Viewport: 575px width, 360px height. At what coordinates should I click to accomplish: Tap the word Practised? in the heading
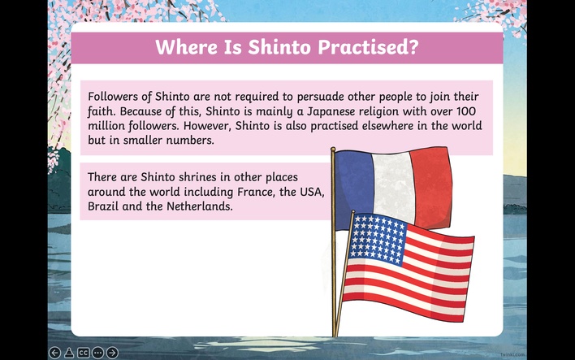tap(368, 48)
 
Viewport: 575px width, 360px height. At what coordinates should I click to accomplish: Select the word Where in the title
tap(186, 47)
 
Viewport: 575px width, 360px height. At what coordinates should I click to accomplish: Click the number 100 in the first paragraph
tap(466, 111)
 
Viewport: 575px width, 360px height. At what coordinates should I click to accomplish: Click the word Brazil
tap(102, 206)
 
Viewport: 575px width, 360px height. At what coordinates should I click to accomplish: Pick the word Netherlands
tap(199, 206)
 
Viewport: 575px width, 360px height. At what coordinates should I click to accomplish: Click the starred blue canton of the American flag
tap(377, 239)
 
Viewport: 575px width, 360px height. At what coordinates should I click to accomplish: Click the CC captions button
tap(84, 353)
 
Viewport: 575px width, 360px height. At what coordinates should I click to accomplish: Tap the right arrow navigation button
tap(112, 353)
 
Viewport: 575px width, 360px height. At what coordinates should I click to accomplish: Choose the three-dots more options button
tap(98, 353)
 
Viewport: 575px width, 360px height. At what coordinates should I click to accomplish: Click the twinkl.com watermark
tap(512, 355)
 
